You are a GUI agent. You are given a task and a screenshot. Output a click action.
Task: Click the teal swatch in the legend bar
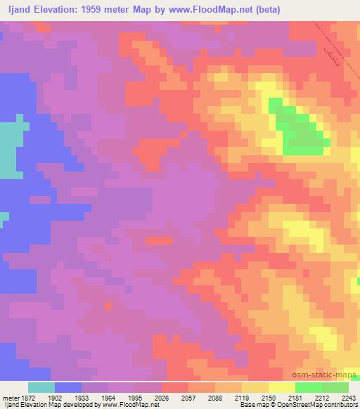(x=41, y=387)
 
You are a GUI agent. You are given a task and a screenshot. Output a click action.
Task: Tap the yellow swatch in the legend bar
(x=281, y=387)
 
